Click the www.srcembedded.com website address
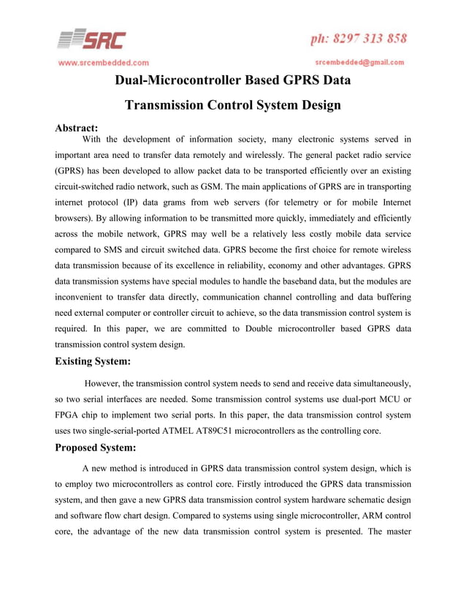[x=104, y=63]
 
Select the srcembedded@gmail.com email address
[x=359, y=63]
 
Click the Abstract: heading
[x=77, y=129]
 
